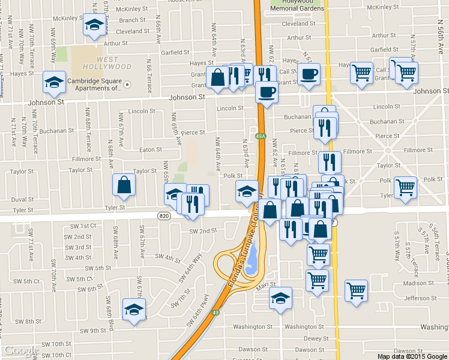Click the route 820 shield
click(165, 215)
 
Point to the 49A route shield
click(261, 137)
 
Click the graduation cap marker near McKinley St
click(94, 25)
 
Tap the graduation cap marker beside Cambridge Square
click(55, 82)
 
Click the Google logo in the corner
click(21, 351)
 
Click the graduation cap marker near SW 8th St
click(134, 310)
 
